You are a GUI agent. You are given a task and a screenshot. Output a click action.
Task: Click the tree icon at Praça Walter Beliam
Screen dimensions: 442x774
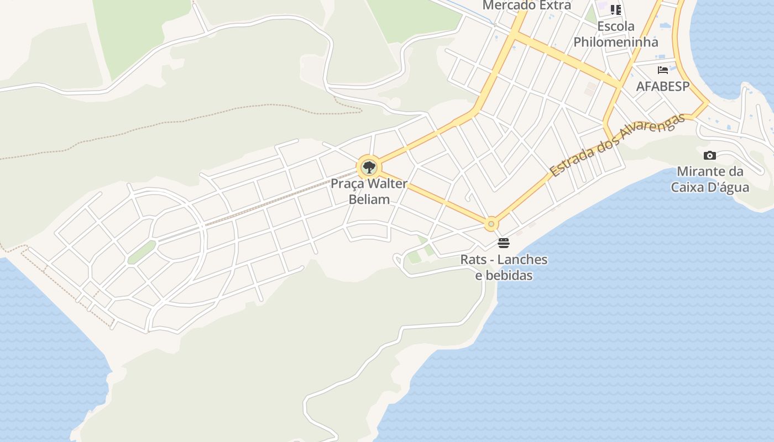point(369,167)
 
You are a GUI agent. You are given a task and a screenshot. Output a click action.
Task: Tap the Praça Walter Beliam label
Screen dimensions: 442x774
point(369,191)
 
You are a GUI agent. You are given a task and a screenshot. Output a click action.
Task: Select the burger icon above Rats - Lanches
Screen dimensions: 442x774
point(503,243)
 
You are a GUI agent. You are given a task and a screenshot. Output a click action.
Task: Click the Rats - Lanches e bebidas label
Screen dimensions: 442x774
point(504,267)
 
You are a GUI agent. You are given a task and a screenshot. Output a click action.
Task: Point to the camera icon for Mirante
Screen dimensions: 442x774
point(710,156)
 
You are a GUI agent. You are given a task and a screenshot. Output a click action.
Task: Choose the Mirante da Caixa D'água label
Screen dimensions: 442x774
point(710,179)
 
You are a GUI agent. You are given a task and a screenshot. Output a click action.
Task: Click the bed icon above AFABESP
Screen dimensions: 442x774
point(663,70)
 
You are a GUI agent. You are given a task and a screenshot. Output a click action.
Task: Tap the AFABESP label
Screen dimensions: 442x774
point(663,86)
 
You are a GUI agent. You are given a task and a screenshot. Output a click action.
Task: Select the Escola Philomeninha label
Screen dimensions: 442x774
point(616,34)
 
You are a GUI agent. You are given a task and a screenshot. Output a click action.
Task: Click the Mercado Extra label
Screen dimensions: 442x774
point(527,6)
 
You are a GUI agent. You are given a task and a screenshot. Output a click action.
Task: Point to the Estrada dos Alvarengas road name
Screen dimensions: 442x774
point(618,145)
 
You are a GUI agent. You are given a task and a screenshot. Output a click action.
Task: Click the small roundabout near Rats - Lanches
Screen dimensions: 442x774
point(491,224)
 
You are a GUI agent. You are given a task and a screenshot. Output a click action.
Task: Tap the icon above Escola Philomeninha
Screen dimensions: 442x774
point(616,9)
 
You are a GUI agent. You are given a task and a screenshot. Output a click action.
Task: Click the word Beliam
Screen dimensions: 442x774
point(369,199)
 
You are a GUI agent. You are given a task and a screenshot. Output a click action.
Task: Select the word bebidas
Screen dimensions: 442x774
point(504,275)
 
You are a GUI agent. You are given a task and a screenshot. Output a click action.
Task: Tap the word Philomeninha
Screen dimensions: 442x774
point(616,42)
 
